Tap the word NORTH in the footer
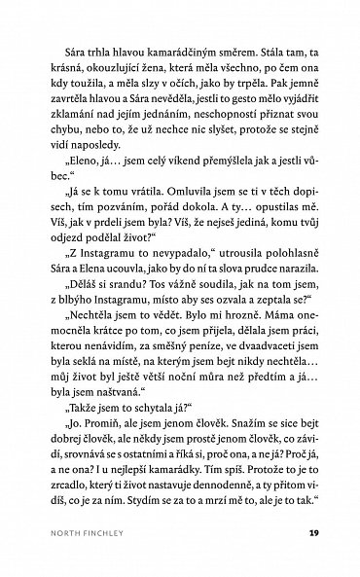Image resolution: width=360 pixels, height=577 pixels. (x=50, y=534)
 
